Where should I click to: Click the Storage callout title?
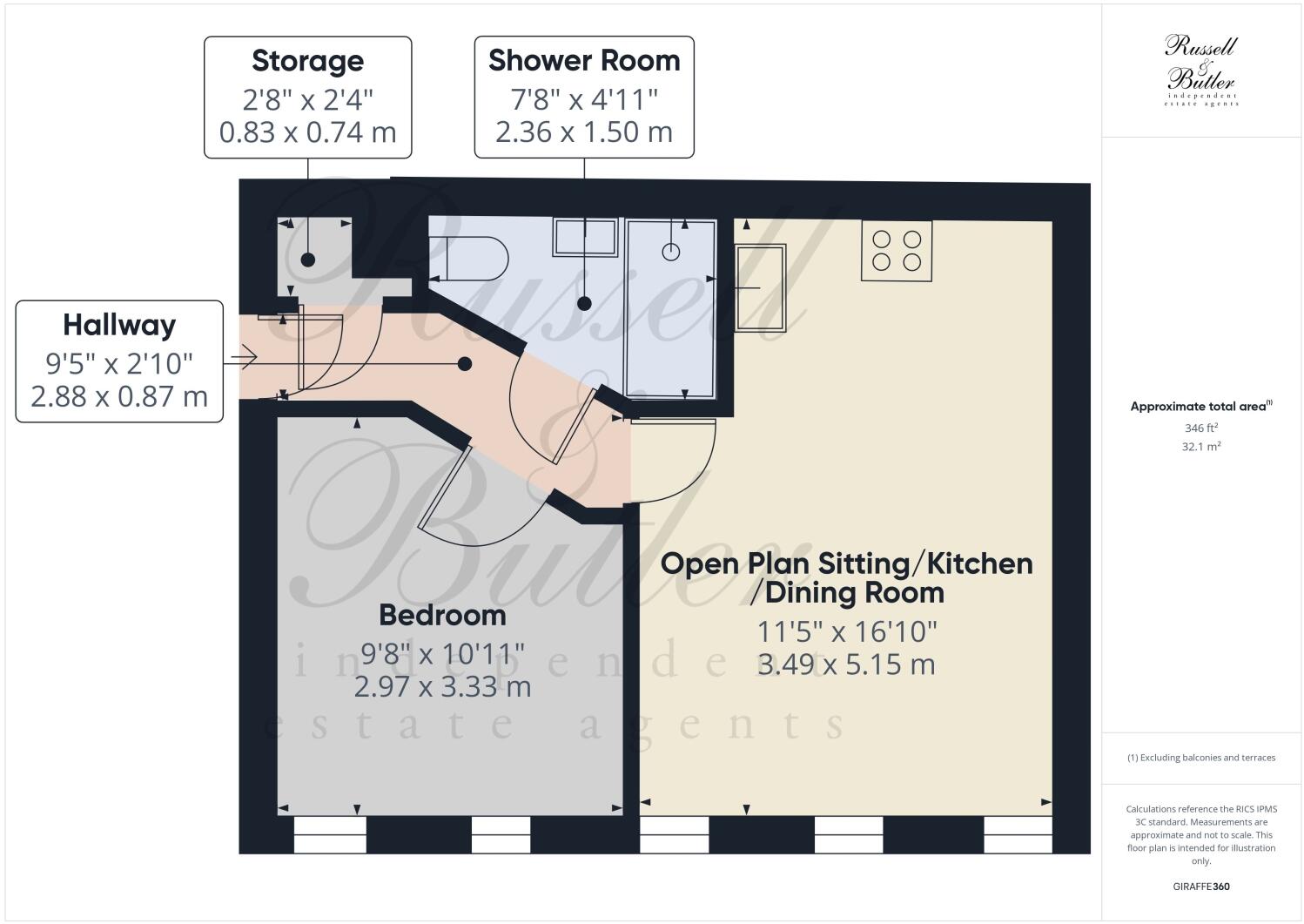click(307, 62)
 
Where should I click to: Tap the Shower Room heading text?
click(584, 61)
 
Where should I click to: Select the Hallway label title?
click(119, 326)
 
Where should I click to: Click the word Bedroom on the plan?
click(442, 616)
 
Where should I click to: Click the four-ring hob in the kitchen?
click(897, 250)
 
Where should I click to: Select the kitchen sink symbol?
click(760, 287)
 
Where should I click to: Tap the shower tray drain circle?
click(671, 252)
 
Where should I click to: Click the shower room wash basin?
click(585, 237)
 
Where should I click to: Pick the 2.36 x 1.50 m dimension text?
click(584, 132)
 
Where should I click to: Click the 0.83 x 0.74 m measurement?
click(307, 132)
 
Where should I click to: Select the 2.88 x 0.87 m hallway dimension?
click(119, 397)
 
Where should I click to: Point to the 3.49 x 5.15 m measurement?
click(846, 664)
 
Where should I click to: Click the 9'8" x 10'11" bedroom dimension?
click(442, 652)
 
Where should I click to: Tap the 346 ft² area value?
click(1200, 428)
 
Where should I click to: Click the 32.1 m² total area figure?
click(1200, 447)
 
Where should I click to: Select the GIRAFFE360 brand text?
click(1201, 887)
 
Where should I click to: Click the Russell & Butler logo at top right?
click(1201, 70)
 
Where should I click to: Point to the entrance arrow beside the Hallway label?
click(243, 357)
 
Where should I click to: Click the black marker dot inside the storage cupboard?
click(307, 260)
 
